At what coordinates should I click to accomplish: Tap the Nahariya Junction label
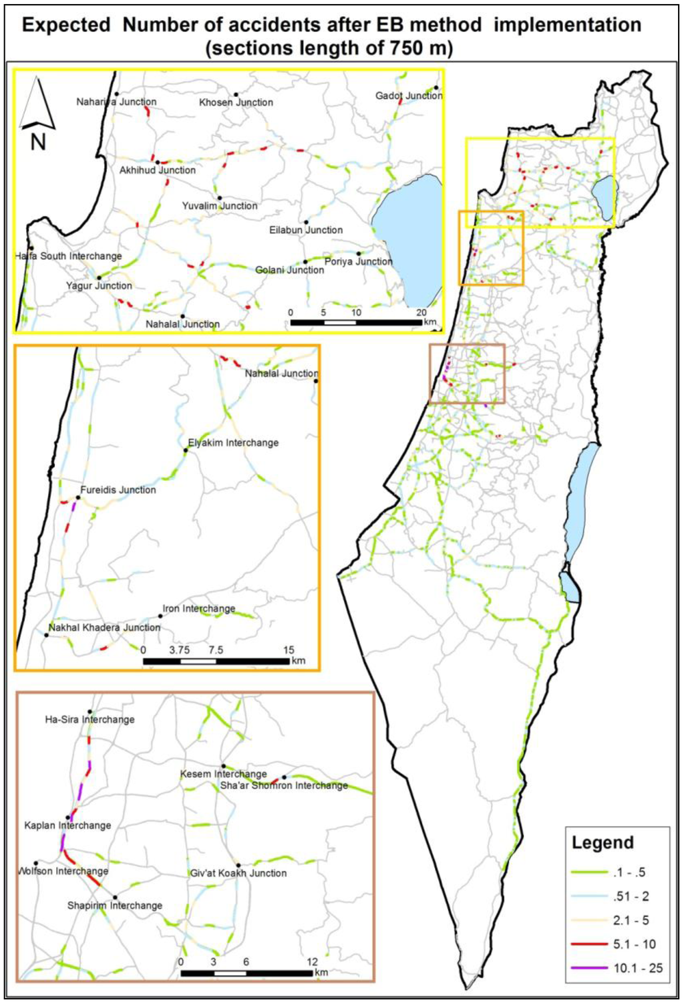point(116,102)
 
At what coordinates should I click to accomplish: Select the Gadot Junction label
point(408,96)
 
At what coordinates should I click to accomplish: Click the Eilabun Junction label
point(306,230)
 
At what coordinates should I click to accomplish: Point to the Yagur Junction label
point(99,285)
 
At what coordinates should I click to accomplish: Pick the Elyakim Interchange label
point(233,443)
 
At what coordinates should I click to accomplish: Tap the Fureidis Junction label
point(118,490)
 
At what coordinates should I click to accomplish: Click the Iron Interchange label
point(199,609)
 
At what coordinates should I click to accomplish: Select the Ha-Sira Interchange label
point(90,720)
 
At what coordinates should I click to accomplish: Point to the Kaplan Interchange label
point(67,826)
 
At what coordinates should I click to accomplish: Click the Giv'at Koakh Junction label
point(238,873)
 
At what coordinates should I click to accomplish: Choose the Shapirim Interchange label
point(115,906)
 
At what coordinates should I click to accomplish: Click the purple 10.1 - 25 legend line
point(589,968)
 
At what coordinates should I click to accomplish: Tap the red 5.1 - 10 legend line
point(589,944)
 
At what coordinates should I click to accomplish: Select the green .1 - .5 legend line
point(589,872)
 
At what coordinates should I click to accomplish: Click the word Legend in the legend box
point(602,843)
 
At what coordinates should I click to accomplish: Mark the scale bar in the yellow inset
point(355,323)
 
